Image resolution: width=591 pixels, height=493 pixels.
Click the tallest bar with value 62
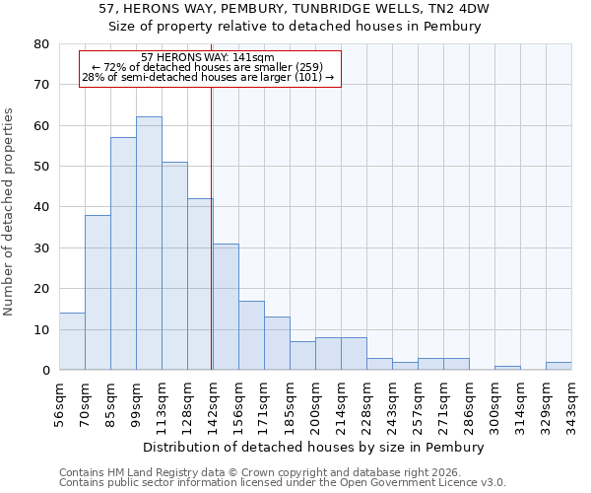point(149,244)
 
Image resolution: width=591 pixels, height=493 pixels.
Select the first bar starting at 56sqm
point(72,341)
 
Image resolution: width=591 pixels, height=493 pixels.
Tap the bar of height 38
point(98,293)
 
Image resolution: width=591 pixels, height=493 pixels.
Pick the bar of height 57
point(123,253)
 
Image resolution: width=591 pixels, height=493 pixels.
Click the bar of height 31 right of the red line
point(226,307)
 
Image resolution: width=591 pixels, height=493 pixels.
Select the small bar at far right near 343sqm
point(558,366)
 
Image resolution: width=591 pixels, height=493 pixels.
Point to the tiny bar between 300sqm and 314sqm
point(507,368)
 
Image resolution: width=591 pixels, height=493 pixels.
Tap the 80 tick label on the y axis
point(40,44)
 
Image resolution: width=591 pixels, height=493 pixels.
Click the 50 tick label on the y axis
point(40,167)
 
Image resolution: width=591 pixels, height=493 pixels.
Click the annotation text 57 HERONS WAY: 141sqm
point(208,58)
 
